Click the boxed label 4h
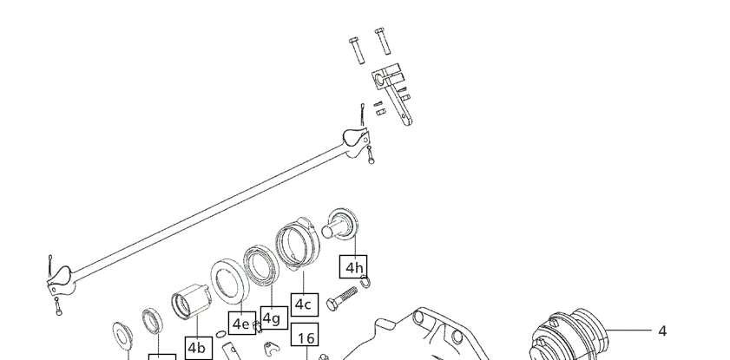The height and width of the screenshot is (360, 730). click(x=353, y=267)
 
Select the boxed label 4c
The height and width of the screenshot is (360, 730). click(x=304, y=304)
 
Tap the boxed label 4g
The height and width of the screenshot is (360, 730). click(x=273, y=318)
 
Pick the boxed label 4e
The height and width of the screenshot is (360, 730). click(x=241, y=324)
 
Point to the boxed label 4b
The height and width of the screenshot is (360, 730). click(x=198, y=348)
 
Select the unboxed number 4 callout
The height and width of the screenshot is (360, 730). click(x=662, y=331)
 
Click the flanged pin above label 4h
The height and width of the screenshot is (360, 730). click(x=340, y=224)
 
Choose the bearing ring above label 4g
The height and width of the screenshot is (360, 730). click(x=261, y=265)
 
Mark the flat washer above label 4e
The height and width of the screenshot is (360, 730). click(x=229, y=281)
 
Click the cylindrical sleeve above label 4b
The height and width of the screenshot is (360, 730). click(x=191, y=301)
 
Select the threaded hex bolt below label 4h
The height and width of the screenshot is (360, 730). click(x=342, y=298)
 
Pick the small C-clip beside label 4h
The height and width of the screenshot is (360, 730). click(x=365, y=281)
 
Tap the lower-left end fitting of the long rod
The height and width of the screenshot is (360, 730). click(x=61, y=280)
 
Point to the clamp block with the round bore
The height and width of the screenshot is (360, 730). click(x=387, y=76)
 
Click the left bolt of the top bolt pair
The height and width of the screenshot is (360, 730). click(x=357, y=50)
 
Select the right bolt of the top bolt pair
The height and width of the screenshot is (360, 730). click(x=383, y=41)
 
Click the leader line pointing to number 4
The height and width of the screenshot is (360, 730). click(x=628, y=331)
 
